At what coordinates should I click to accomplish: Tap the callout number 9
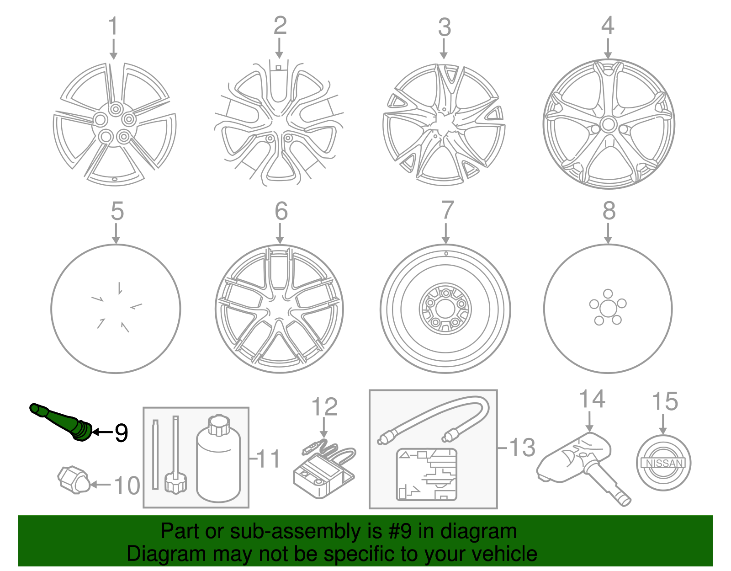[122, 433]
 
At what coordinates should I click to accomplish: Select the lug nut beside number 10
[74, 480]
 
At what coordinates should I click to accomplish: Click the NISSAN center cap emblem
[663, 463]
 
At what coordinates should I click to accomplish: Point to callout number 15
[664, 401]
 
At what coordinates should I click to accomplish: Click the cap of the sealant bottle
[219, 425]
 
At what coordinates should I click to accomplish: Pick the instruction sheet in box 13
[427, 475]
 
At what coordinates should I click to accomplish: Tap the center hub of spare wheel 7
[445, 309]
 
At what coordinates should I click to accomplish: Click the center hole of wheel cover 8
[608, 309]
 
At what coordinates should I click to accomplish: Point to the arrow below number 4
[608, 49]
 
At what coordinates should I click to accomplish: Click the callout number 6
[281, 211]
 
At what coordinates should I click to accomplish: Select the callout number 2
[280, 25]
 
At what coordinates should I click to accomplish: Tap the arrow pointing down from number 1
[113, 49]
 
